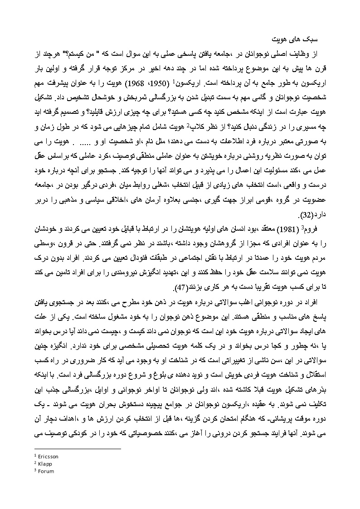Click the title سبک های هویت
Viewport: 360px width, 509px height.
(x=297, y=35)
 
